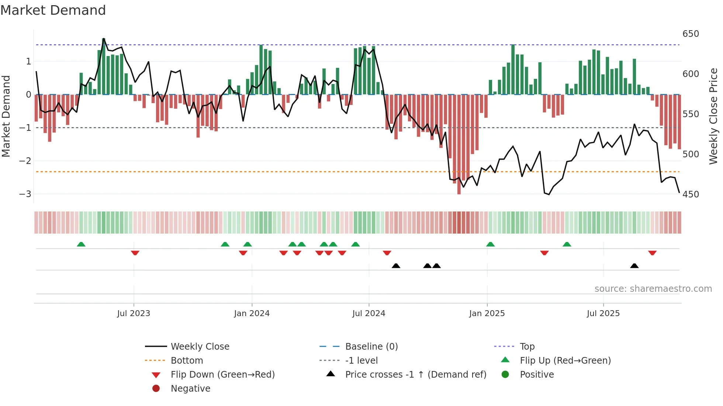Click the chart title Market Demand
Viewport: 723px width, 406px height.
(x=53, y=10)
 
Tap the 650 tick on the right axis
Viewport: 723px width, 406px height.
(x=691, y=34)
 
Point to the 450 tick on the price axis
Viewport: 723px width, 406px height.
(x=691, y=194)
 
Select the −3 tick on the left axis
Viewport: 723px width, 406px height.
(x=25, y=194)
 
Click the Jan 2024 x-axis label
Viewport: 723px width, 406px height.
(x=252, y=314)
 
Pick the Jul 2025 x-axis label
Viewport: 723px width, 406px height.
(x=603, y=314)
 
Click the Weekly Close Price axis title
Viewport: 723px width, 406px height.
(x=713, y=116)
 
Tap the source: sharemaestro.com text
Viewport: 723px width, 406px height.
(x=653, y=289)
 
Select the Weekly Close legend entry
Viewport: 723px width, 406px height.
(x=200, y=347)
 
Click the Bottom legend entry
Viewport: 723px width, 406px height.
(x=187, y=361)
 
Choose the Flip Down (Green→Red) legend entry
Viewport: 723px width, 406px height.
(x=222, y=375)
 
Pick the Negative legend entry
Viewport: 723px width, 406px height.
(x=190, y=389)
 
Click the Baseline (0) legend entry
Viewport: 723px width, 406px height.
(x=371, y=347)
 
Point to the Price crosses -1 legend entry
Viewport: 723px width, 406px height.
(x=415, y=375)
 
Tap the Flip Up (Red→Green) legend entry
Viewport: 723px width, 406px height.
(x=565, y=361)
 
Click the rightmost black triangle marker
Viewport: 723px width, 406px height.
(x=634, y=266)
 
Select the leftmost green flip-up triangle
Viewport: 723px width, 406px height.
(x=81, y=244)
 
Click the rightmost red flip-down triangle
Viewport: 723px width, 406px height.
(x=652, y=253)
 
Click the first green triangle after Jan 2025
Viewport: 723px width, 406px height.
(x=490, y=244)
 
